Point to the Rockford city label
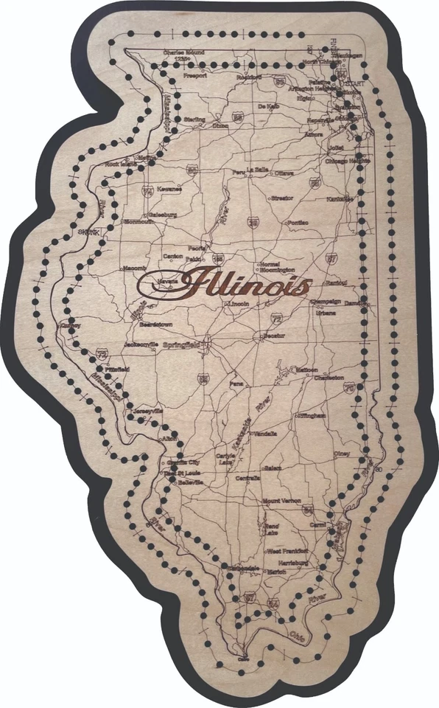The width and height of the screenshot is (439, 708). tap(249, 76)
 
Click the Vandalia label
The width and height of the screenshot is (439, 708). tap(264, 434)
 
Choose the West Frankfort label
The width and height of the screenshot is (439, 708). tap(286, 551)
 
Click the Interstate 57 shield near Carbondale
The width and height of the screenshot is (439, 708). tap(250, 595)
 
